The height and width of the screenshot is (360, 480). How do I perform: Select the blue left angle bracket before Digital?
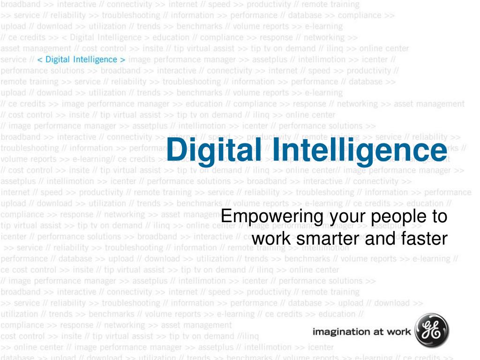pyautogui.click(x=40, y=60)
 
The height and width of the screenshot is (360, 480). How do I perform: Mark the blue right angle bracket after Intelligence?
pyautogui.click(x=123, y=60)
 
